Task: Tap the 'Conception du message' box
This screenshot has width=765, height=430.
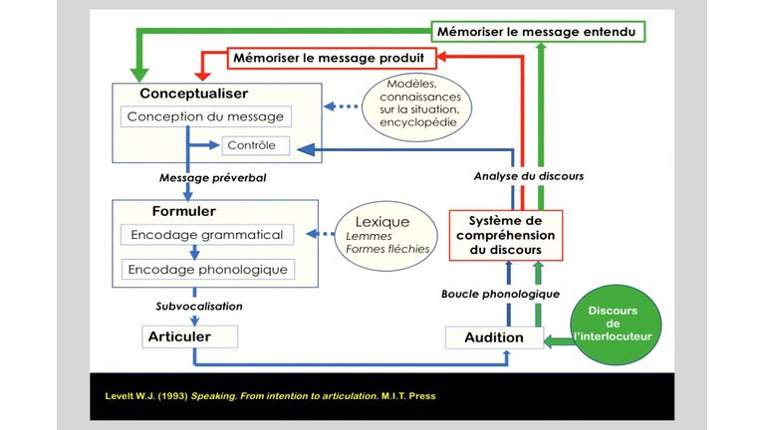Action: coord(206,116)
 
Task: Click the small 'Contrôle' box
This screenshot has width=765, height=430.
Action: coord(257,146)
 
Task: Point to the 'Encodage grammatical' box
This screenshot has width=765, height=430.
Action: coord(206,235)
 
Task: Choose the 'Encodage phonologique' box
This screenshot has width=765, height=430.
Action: coord(206,270)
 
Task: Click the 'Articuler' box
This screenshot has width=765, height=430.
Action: coord(190,336)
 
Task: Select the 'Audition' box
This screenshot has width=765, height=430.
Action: coord(494,337)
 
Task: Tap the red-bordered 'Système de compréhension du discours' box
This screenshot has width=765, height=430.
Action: coord(507,235)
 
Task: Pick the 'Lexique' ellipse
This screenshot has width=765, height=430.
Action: coord(383,234)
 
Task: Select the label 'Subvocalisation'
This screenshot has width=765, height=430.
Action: coord(198,306)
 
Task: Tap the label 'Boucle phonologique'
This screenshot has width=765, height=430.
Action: coord(500,295)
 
